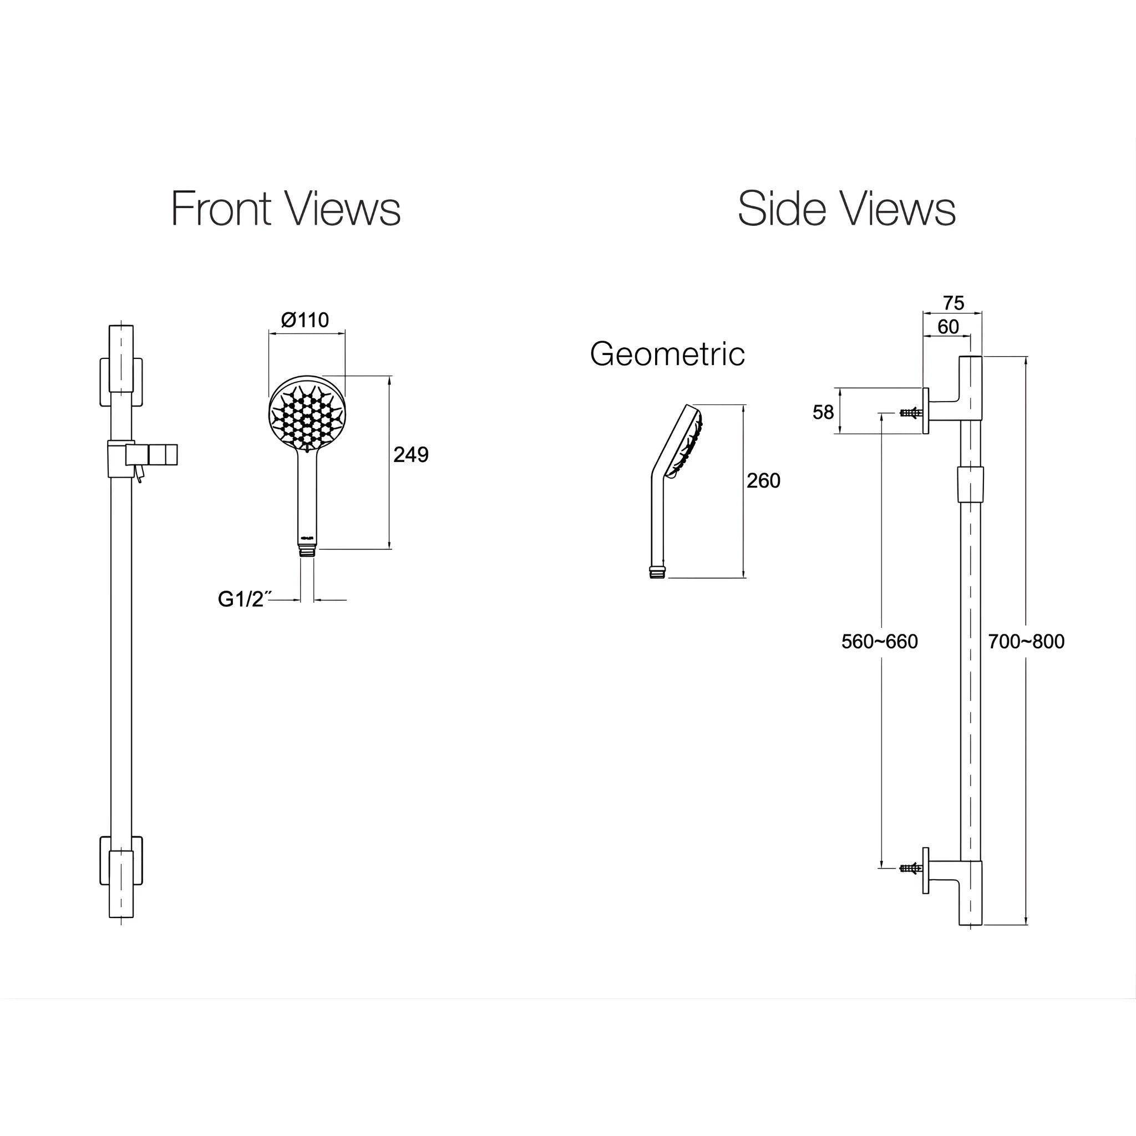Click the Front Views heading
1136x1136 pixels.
[286, 209]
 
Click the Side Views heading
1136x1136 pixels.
[846, 209]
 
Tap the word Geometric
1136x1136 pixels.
[667, 354]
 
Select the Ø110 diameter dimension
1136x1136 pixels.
[305, 321]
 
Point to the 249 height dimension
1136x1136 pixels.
[410, 454]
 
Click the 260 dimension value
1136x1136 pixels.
[763, 480]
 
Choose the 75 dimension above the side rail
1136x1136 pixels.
[953, 303]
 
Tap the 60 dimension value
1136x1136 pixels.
[948, 327]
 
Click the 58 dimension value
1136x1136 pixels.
[823, 412]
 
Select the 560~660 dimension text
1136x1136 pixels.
[879, 642]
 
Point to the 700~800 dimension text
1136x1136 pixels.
[1026, 642]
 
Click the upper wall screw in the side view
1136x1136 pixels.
[910, 413]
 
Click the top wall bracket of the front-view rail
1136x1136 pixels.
[121, 381]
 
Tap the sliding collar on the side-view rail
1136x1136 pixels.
[970, 484]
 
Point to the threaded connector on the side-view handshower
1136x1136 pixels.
[657, 572]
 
